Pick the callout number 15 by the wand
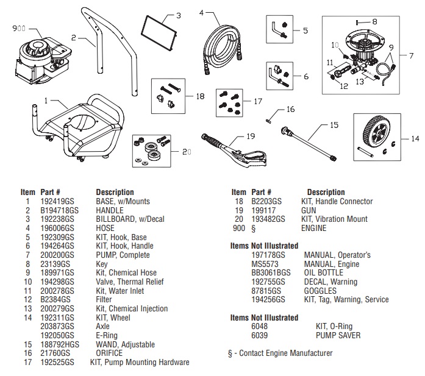[x=334, y=125]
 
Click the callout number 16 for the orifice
[x=290, y=109]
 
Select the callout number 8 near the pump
[x=374, y=21]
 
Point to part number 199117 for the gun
[x=263, y=210]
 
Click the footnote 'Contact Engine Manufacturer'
[x=284, y=353]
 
